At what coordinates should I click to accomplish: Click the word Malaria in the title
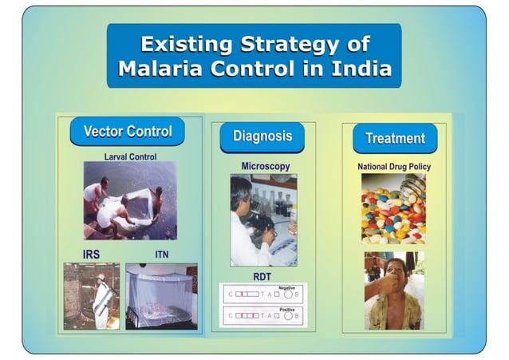coord(162,69)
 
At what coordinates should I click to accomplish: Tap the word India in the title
coord(359,69)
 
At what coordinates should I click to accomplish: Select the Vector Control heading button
coord(127,131)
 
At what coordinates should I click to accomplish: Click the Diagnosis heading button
coord(262,136)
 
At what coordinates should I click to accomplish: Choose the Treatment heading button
coord(395,138)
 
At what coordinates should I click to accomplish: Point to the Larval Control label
coord(130,156)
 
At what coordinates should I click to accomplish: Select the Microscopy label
coord(265,166)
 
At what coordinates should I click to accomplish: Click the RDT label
coord(262,276)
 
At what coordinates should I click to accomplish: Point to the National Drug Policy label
coord(394,167)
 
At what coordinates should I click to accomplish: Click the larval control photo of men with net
coord(129,200)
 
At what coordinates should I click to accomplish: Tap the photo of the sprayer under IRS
coord(92,296)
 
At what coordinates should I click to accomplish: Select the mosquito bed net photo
coord(160,296)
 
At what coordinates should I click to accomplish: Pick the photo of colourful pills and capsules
coord(393,208)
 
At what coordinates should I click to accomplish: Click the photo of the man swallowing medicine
coord(393,291)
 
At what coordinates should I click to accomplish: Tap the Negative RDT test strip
coord(262,294)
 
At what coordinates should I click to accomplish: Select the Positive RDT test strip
coord(262,315)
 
